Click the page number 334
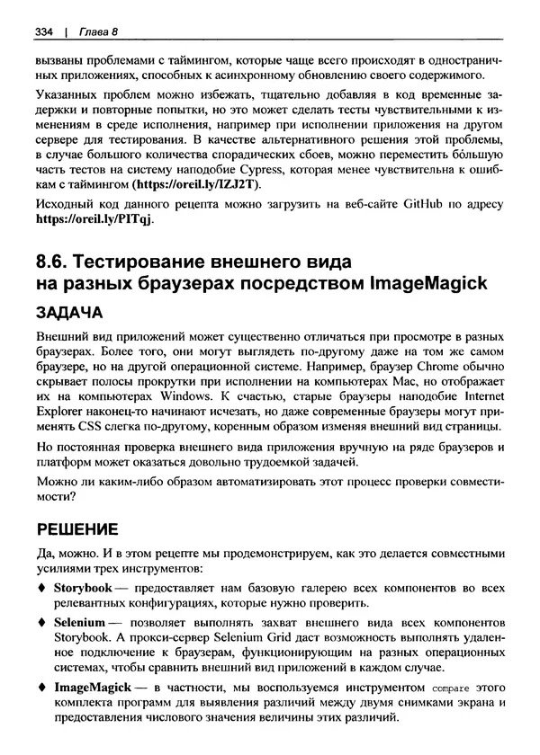point(45,32)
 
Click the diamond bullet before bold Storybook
point(40,588)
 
